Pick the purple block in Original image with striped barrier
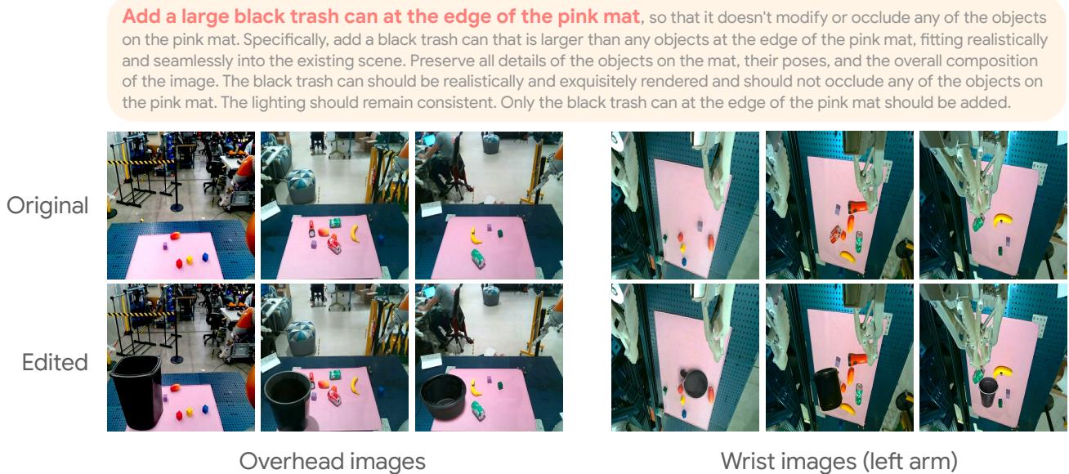click(x=165, y=244)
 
